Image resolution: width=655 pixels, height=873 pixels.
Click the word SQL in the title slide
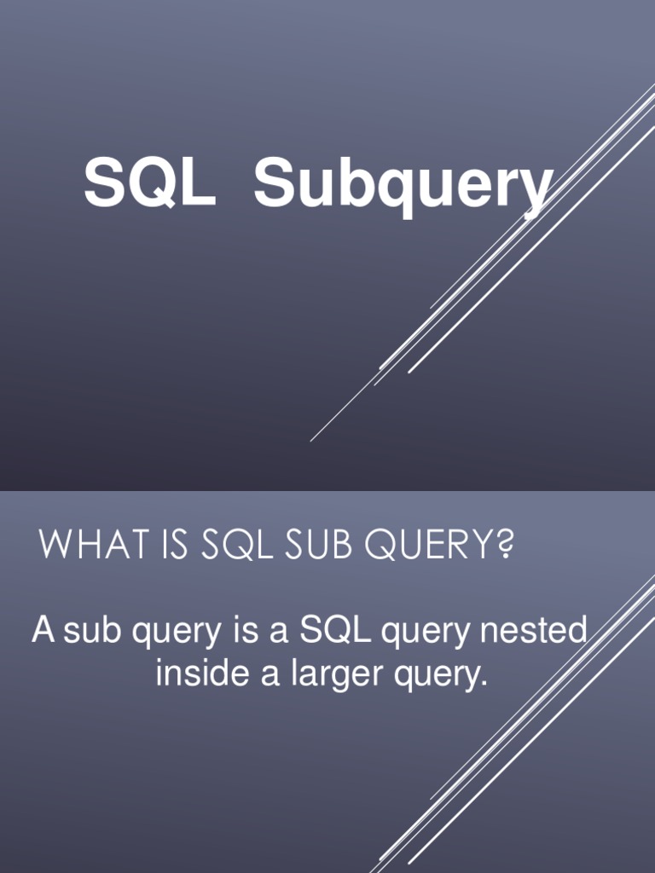(149, 184)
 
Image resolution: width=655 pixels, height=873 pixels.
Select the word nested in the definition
(534, 632)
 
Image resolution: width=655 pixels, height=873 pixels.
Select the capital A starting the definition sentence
(43, 632)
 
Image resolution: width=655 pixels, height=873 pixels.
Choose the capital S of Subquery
(275, 184)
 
